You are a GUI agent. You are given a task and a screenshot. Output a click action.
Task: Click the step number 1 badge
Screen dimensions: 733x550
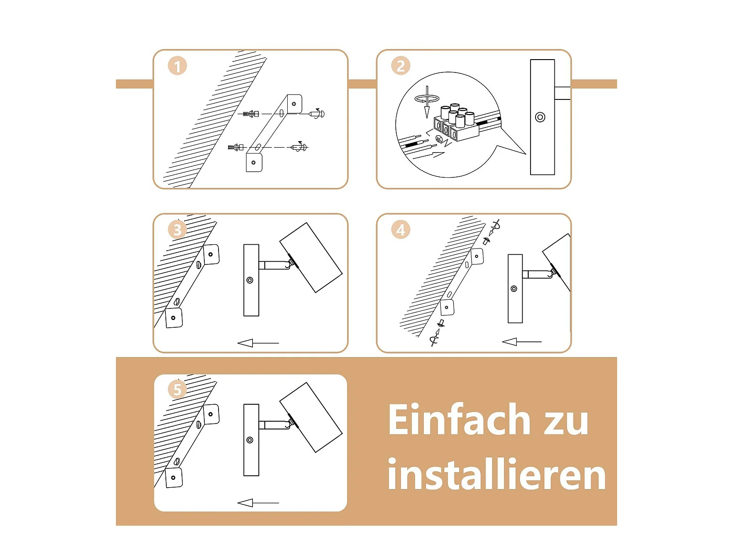click(177, 66)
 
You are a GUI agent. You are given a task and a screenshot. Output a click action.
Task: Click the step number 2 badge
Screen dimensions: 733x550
click(400, 66)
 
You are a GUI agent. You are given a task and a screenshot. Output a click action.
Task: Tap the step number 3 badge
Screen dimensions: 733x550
click(177, 230)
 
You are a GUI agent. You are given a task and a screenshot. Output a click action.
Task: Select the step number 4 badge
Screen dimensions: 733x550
click(400, 230)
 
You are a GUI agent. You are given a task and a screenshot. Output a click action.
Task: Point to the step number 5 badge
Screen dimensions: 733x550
click(177, 389)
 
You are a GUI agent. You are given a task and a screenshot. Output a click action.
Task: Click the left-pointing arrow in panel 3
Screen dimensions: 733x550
click(258, 343)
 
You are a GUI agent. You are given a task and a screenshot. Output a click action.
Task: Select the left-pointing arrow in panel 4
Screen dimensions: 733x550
click(522, 341)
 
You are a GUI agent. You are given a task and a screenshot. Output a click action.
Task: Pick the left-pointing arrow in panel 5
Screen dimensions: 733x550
click(258, 503)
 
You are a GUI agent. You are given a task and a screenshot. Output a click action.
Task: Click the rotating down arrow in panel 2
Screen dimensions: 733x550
click(427, 101)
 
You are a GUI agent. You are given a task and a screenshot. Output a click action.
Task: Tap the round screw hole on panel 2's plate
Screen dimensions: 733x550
click(540, 117)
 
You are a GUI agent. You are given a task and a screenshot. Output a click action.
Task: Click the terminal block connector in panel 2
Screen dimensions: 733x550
click(456, 122)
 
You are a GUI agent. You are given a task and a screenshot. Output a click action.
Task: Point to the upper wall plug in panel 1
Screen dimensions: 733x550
click(251, 114)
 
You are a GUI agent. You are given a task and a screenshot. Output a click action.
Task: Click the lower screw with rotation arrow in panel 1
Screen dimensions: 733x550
click(299, 147)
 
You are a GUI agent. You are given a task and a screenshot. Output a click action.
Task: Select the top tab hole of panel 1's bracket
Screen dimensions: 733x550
click(294, 104)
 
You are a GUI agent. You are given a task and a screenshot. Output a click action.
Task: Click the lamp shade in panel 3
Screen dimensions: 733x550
click(311, 258)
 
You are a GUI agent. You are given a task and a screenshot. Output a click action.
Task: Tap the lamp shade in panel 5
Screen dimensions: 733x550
click(311, 417)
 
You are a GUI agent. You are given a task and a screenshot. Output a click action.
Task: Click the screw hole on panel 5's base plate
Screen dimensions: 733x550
click(250, 440)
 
